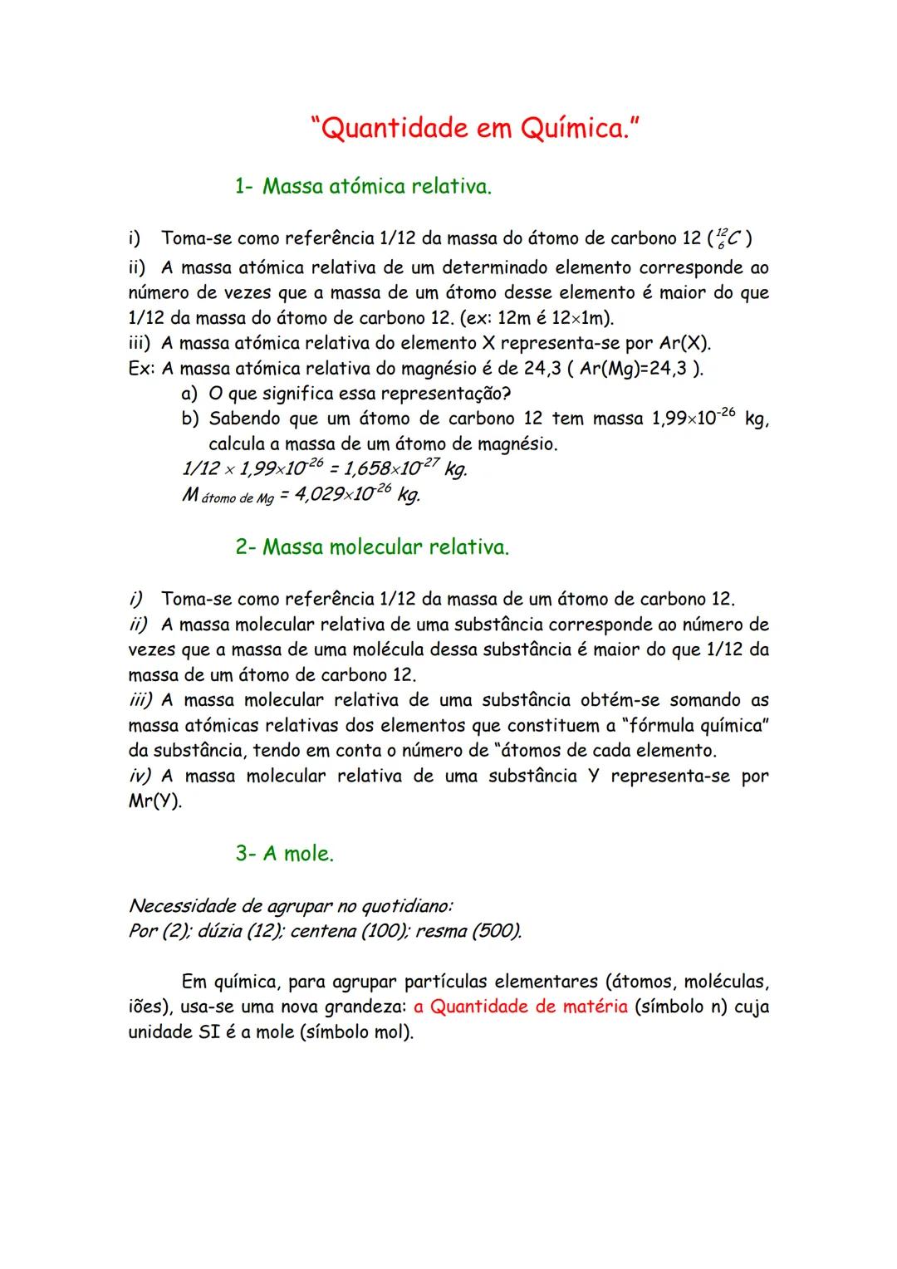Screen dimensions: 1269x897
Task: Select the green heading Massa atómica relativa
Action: pos(377,186)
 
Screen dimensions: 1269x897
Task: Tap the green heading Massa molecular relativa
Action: pos(385,547)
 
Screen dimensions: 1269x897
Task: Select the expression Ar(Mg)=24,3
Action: pos(635,369)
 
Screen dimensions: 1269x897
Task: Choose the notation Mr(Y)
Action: pos(154,802)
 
